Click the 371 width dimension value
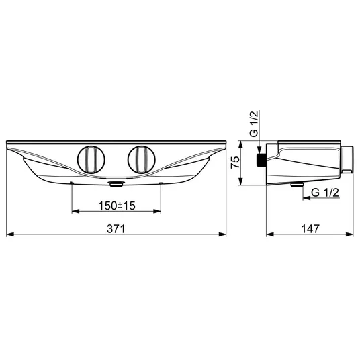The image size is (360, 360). [116, 229]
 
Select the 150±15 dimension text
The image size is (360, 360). [117, 206]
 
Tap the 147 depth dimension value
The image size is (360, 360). [310, 229]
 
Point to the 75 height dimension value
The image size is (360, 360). [235, 163]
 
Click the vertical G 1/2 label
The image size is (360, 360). [254, 124]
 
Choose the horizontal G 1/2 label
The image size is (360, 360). [325, 193]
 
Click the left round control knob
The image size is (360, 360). [91, 159]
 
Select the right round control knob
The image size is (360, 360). [142, 159]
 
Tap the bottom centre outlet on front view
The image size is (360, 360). [116, 184]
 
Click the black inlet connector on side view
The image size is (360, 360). [261, 160]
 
